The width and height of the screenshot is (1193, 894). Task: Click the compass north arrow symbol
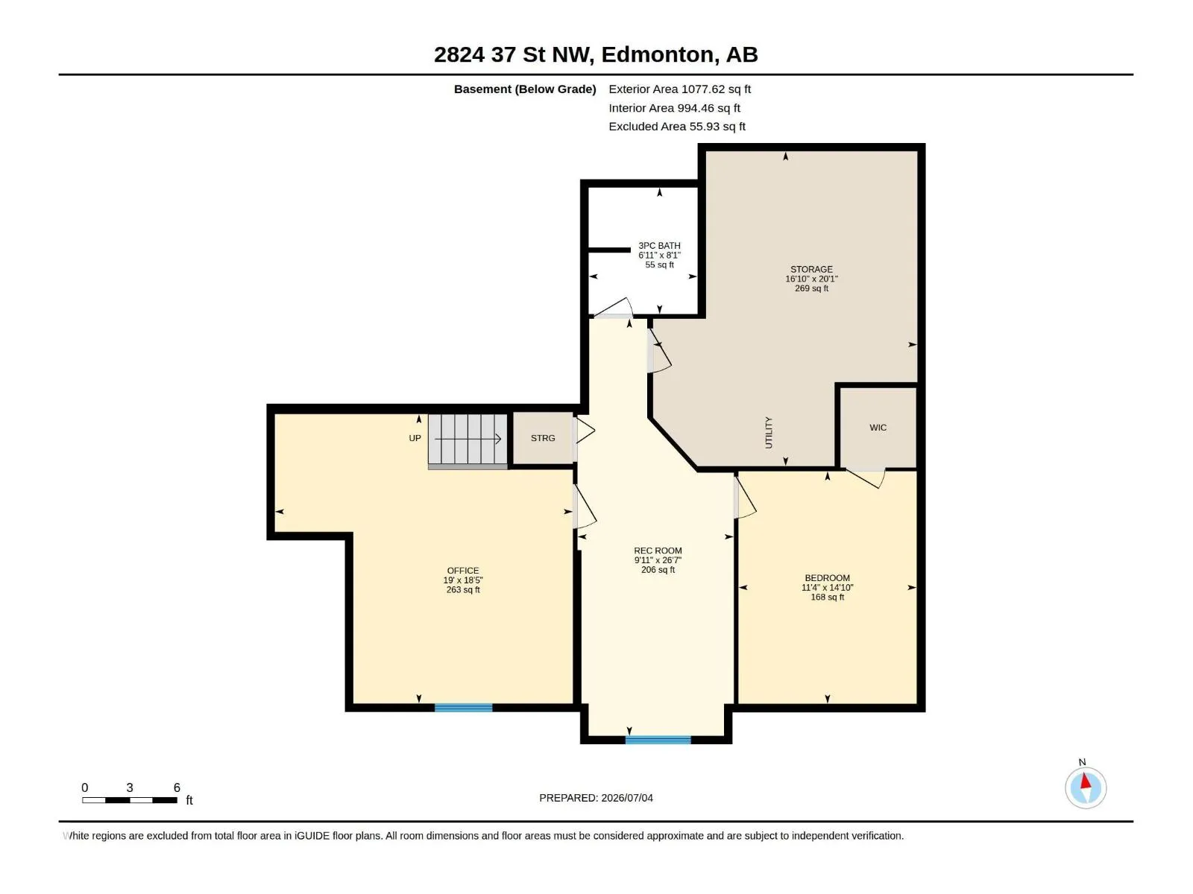click(1086, 787)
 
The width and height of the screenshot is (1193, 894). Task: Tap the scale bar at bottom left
click(129, 800)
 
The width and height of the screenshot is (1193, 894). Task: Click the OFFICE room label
click(463, 580)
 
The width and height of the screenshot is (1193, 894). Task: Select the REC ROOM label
click(658, 560)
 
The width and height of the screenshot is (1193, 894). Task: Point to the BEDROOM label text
click(827, 587)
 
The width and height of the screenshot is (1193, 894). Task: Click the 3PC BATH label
click(659, 255)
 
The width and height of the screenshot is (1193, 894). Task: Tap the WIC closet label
click(878, 428)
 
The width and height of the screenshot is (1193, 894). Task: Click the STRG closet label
click(543, 438)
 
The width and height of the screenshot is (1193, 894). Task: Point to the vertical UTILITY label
click(769, 433)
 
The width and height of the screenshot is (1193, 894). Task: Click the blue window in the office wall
click(463, 708)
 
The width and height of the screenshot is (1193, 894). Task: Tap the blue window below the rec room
click(658, 740)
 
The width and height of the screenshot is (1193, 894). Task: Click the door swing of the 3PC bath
click(613, 307)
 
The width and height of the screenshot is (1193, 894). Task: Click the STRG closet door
click(585, 431)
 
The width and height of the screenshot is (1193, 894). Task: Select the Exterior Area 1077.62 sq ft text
click(679, 89)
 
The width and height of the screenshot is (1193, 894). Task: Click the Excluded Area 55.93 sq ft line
click(677, 127)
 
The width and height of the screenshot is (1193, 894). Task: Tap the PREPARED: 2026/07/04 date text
click(596, 798)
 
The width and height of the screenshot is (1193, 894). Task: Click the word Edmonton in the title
click(657, 54)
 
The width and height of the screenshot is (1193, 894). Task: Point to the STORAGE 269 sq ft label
click(811, 279)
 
